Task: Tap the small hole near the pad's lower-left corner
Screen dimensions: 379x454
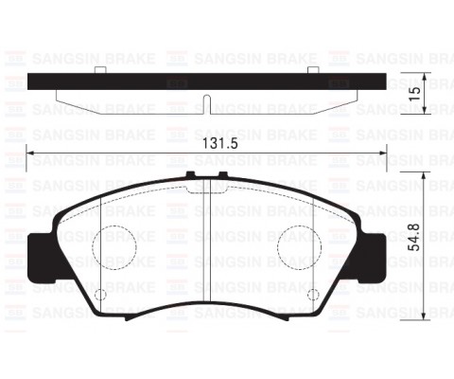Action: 100,296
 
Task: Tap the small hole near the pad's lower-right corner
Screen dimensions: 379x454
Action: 313,296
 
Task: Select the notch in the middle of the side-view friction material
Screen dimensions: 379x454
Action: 206,102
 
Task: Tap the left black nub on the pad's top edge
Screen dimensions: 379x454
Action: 192,176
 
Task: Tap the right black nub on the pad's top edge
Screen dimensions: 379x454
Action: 222,176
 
